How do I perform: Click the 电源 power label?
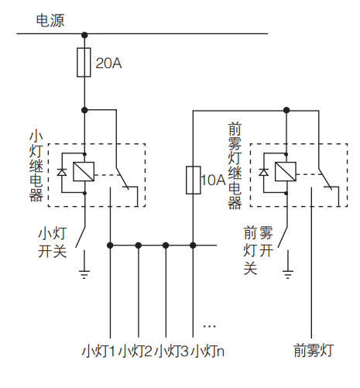coord(57,20)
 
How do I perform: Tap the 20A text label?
coord(108,64)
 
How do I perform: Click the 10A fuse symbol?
coord(194,180)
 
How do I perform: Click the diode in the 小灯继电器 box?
coord(62,172)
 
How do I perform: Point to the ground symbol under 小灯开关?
coord(84,273)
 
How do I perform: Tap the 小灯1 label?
coord(99,350)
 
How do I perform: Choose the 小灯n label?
coord(208,350)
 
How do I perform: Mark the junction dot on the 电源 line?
coord(84,34)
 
